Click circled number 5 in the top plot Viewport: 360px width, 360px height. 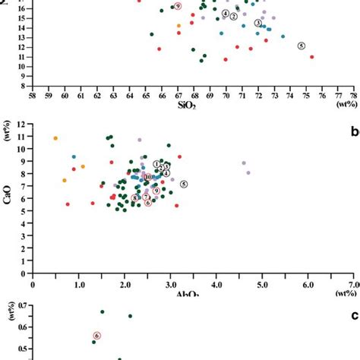302,46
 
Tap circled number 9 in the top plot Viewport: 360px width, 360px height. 178,5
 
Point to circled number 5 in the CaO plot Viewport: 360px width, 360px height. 183,184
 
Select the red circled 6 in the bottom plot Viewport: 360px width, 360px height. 97,335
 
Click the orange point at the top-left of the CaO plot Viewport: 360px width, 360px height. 55,138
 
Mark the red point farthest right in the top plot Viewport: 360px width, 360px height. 312,57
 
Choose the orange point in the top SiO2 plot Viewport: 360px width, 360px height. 178,26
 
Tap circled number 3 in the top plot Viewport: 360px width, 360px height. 257,24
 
